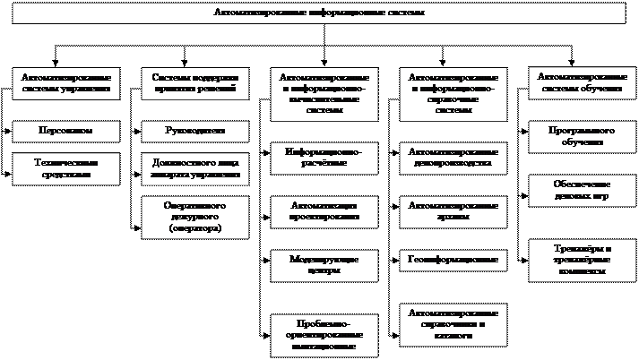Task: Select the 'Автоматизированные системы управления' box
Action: (x=66, y=83)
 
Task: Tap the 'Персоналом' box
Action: (x=66, y=131)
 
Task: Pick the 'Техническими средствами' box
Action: (x=66, y=168)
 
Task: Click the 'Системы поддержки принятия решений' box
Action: (x=194, y=83)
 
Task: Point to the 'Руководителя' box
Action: (x=194, y=131)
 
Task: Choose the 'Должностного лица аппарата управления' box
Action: (x=194, y=168)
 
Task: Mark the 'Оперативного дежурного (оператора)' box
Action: (x=194, y=217)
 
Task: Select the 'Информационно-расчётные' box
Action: (x=324, y=159)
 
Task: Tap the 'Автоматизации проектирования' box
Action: (x=324, y=210)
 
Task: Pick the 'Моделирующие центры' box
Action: (x=324, y=264)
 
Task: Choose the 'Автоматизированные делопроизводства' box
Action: (x=453, y=159)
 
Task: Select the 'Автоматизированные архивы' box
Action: (x=453, y=210)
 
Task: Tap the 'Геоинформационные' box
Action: (x=453, y=260)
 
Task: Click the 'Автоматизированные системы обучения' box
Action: (x=581, y=83)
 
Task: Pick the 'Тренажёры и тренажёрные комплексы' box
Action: (x=581, y=258)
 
